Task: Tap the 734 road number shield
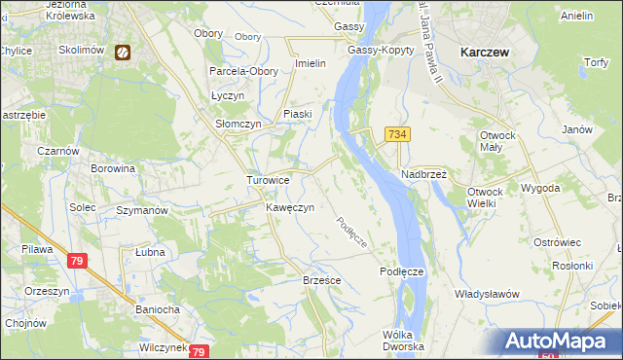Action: [395, 134]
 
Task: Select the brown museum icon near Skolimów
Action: [123, 53]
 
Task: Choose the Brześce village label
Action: [320, 279]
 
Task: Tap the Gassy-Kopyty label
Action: [376, 50]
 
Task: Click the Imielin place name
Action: [309, 64]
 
